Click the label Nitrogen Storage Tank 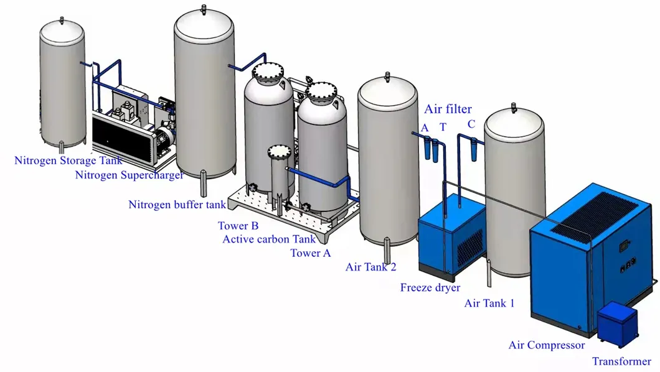click(x=68, y=161)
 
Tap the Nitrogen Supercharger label click(x=130, y=175)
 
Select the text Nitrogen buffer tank click(x=177, y=205)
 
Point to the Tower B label click(x=238, y=226)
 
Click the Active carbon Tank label click(x=269, y=239)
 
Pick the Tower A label click(x=310, y=253)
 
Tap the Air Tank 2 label click(x=370, y=267)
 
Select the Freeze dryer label click(x=430, y=287)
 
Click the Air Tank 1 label click(x=489, y=303)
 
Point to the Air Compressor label click(x=547, y=345)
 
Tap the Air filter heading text click(x=448, y=109)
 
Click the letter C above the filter click(x=471, y=124)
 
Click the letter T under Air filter click(x=443, y=128)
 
